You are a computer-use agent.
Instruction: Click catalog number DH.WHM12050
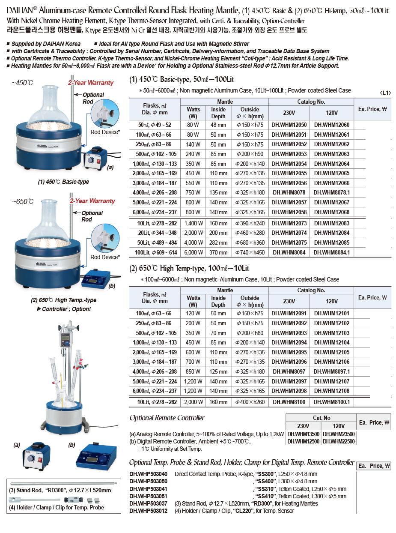tap(289, 125)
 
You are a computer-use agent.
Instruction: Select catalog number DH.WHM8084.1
tap(332, 253)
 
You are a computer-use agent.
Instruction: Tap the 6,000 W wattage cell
tap(194, 253)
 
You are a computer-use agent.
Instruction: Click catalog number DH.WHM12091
tap(289, 314)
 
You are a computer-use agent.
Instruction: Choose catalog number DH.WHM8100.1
tap(332, 402)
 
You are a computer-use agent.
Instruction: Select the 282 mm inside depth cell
tap(218, 243)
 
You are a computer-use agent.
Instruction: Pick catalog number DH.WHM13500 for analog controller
tap(304, 434)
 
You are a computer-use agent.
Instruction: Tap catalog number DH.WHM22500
tap(339, 442)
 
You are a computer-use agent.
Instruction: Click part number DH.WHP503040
tap(148, 474)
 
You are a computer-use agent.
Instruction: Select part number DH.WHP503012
tap(148, 511)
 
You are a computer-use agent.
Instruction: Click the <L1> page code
tap(385, 93)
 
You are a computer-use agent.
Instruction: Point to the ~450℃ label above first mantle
tap(22, 83)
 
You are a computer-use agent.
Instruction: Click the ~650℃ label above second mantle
tap(22, 201)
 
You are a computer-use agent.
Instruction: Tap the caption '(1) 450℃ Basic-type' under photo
tap(63, 182)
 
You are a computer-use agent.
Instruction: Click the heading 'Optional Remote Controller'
tap(167, 418)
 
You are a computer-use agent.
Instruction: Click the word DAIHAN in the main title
tap(20, 11)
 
